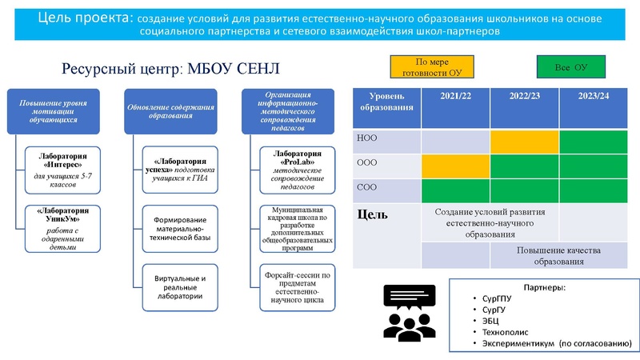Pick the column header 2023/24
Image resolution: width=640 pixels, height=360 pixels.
[x=594, y=97]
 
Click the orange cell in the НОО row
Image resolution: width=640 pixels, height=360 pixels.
[x=525, y=142]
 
